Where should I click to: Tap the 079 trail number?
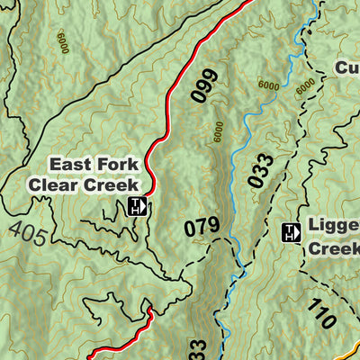[201, 229]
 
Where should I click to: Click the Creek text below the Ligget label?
[334, 248]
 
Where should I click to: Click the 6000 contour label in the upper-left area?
[62, 43]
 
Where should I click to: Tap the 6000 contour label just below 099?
[219, 133]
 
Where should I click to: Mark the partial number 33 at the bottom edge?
[199, 349]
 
